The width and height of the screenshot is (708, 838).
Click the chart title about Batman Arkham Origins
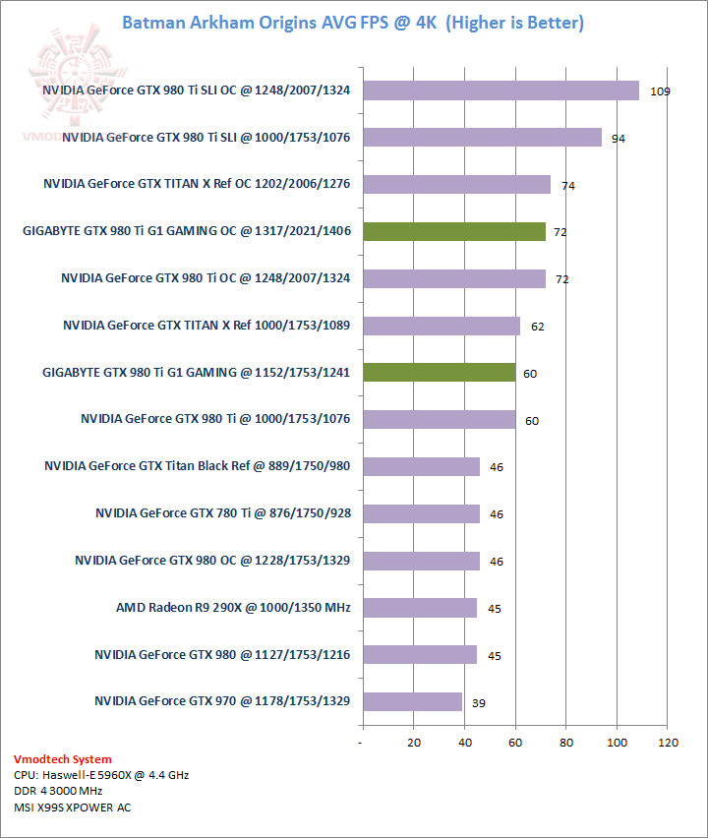tap(352, 23)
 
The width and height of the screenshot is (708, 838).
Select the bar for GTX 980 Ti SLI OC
tap(501, 90)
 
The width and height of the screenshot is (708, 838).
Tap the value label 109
tap(660, 91)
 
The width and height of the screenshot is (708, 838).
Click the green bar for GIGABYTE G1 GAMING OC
tap(454, 232)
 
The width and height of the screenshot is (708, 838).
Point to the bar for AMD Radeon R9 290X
tap(420, 608)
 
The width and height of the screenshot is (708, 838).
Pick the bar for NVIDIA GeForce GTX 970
tap(412, 701)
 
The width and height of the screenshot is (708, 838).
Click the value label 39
tap(478, 703)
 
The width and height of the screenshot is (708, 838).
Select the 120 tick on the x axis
tap(668, 743)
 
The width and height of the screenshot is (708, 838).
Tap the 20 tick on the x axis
tap(414, 743)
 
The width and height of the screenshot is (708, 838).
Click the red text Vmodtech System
tap(62, 759)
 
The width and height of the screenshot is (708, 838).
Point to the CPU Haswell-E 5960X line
tap(101, 775)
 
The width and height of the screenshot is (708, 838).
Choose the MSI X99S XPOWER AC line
tap(72, 808)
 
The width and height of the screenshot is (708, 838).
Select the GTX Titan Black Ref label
tap(198, 466)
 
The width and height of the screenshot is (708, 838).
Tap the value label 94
tap(619, 139)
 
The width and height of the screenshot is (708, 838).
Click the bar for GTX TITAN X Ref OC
tap(456, 185)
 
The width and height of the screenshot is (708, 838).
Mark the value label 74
tap(568, 186)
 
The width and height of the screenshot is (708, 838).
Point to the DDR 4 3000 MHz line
tap(59, 791)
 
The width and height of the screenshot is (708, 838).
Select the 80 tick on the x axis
tap(566, 743)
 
